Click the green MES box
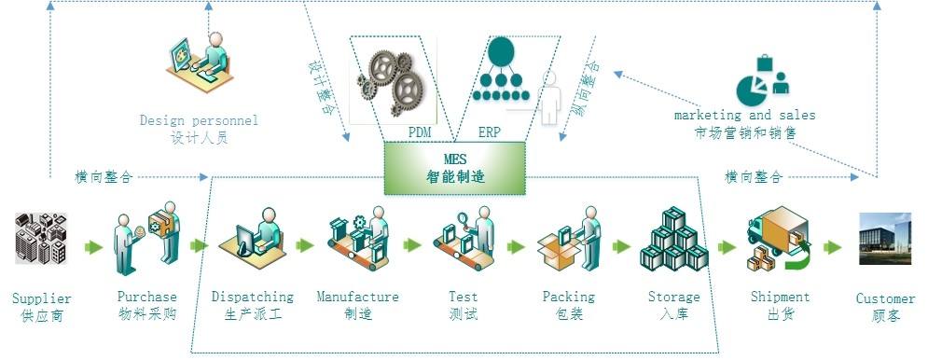[x=454, y=168]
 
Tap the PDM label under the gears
[x=419, y=132]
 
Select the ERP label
[x=489, y=132]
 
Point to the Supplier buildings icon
[x=41, y=239]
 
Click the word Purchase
[x=146, y=297]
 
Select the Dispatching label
[x=253, y=297]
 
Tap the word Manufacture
[x=357, y=297]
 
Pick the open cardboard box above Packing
[x=559, y=250]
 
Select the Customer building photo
[x=885, y=239]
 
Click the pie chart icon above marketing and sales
[x=752, y=89]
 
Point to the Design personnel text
[x=199, y=120]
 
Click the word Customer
[x=885, y=298]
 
